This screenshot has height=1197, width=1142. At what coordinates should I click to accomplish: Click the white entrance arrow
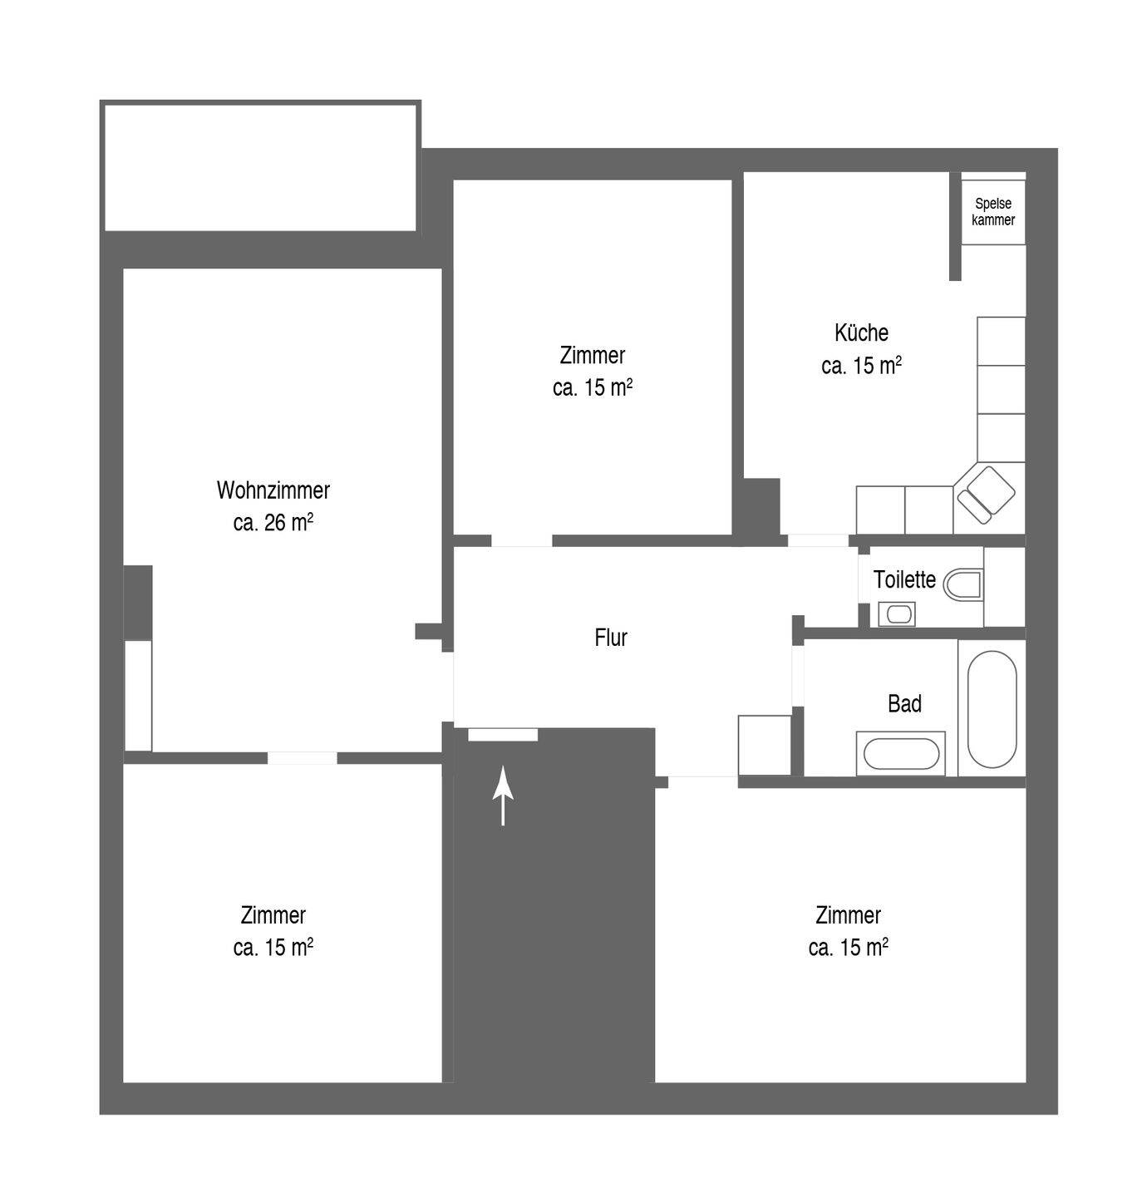pyautogui.click(x=503, y=796)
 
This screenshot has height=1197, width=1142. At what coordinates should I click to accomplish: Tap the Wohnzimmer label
pyautogui.click(x=273, y=490)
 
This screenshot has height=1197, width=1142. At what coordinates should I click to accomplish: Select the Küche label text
pyautogui.click(x=861, y=332)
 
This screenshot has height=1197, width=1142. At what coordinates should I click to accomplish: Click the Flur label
pyautogui.click(x=611, y=638)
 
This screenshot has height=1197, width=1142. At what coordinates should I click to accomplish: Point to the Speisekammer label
pyautogui.click(x=993, y=211)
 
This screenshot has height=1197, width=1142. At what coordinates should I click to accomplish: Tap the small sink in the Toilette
pyautogui.click(x=897, y=614)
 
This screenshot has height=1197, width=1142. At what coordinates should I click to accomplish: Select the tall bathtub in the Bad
pyautogui.click(x=992, y=709)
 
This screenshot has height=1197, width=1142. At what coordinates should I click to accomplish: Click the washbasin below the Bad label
pyautogui.click(x=901, y=754)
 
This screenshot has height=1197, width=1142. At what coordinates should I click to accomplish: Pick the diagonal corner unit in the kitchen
pyautogui.click(x=987, y=495)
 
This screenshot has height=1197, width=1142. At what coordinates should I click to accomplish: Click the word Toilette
pyautogui.click(x=904, y=579)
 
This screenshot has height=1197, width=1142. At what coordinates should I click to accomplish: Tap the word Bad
pyautogui.click(x=904, y=703)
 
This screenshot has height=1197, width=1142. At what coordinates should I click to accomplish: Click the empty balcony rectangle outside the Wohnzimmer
pyautogui.click(x=260, y=168)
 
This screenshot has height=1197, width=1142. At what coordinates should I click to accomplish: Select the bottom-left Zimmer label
pyautogui.click(x=273, y=915)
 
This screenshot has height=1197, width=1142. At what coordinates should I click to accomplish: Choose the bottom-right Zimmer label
pyautogui.click(x=848, y=915)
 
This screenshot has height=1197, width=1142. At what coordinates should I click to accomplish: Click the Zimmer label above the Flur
pyautogui.click(x=593, y=355)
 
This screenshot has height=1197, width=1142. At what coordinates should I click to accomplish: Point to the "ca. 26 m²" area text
pyautogui.click(x=273, y=522)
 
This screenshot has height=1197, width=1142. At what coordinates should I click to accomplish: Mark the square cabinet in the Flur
pyautogui.click(x=765, y=746)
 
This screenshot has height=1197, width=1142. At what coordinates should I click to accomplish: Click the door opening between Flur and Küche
pyautogui.click(x=818, y=540)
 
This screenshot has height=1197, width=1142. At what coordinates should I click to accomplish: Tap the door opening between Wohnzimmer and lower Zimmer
pyautogui.click(x=303, y=758)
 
